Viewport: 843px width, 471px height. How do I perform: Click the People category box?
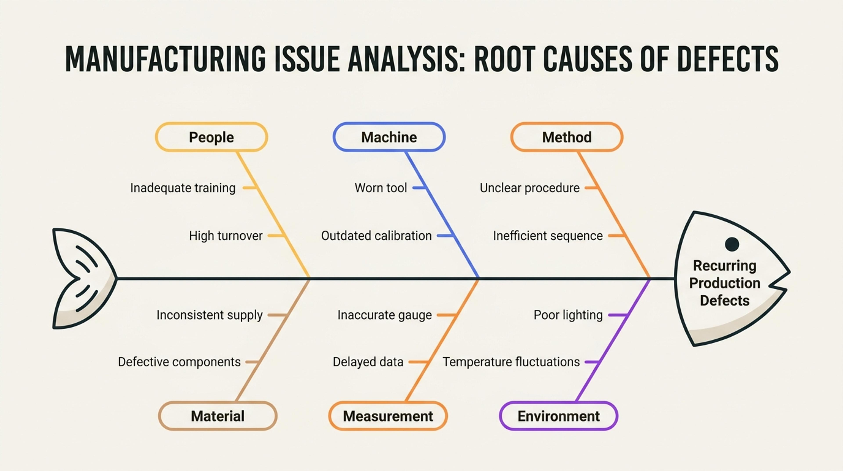[x=211, y=137]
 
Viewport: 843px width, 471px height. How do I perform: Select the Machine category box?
[x=389, y=137]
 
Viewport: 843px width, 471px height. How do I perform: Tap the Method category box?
[x=567, y=137]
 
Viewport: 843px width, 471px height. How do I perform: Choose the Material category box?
[x=218, y=416]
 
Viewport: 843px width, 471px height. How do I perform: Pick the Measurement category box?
[x=388, y=416]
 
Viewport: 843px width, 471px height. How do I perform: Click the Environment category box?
[x=559, y=416]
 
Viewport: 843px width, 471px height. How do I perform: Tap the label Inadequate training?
[x=183, y=188]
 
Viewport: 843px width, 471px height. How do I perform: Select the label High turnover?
[x=226, y=236]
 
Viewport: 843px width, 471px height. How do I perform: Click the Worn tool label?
[x=381, y=188]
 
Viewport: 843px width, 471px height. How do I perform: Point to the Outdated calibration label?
[x=376, y=236]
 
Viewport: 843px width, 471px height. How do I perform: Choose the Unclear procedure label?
[x=530, y=188]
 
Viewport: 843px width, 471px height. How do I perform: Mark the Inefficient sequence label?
[x=548, y=236]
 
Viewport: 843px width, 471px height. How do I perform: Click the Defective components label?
[x=179, y=362]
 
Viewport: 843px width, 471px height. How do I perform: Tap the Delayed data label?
[x=368, y=362]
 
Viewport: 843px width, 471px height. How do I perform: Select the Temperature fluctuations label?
[x=511, y=362]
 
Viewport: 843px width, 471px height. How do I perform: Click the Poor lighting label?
[x=568, y=315]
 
